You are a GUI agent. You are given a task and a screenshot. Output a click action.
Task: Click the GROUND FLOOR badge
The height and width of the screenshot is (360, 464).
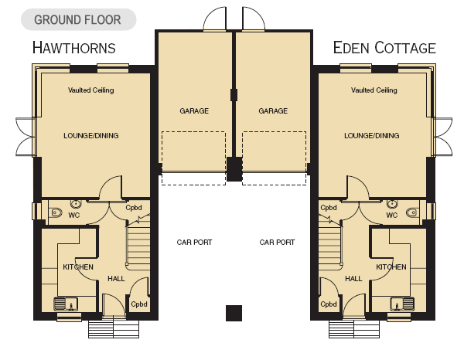(x=78, y=19)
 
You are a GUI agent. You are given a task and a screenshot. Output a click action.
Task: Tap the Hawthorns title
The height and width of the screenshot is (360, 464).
(x=74, y=48)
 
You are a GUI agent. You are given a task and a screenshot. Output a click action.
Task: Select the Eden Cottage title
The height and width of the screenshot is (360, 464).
(x=384, y=48)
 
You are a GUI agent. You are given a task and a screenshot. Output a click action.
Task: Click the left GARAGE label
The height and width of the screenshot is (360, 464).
(x=194, y=110)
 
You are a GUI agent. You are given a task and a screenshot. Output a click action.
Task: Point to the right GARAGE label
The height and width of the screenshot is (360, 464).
(x=273, y=110)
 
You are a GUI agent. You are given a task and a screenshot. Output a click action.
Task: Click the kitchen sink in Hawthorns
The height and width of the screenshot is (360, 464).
(x=66, y=304)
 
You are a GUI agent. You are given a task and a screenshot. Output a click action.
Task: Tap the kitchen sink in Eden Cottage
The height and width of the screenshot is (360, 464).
(x=402, y=304)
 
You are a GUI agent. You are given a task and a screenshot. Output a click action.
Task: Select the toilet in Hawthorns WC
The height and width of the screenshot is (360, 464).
(x=56, y=212)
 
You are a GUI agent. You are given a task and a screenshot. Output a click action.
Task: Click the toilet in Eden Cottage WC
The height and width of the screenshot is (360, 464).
(x=412, y=212)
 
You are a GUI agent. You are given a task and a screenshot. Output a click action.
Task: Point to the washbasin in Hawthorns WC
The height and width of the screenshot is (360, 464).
(x=76, y=204)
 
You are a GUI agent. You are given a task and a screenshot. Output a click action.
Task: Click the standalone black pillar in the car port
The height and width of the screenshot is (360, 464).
(x=234, y=314)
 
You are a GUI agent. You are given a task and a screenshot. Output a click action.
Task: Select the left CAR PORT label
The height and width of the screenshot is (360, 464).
(x=194, y=243)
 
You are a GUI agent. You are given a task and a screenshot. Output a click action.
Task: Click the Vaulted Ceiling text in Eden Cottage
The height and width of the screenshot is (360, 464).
(x=374, y=90)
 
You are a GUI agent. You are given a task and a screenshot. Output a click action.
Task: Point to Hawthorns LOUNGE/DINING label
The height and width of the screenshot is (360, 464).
(x=91, y=136)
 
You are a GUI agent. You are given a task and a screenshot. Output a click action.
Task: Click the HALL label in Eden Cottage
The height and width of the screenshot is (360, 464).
(x=353, y=279)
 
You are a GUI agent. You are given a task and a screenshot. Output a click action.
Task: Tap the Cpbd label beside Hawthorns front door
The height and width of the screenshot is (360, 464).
(x=139, y=304)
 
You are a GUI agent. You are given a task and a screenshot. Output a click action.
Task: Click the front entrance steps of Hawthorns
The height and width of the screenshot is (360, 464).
(x=114, y=329)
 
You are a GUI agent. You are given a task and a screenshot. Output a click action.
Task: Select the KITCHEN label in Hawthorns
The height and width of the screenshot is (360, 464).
(x=78, y=267)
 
